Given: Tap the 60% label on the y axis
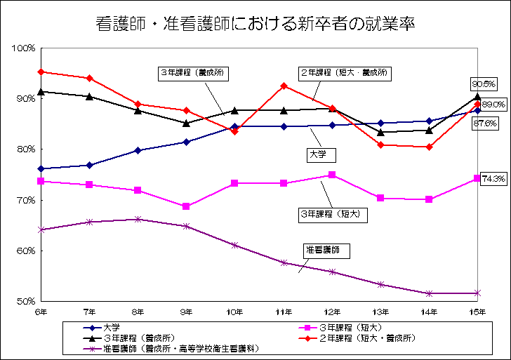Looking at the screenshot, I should click(26, 251).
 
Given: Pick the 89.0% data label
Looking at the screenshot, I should click(494, 104).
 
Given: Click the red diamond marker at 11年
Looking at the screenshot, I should click(284, 86).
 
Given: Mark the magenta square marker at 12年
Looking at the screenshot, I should click(332, 175).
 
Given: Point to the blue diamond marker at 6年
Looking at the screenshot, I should click(41, 168).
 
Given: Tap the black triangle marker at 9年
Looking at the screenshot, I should click(186, 123).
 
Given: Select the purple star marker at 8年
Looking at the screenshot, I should click(138, 219).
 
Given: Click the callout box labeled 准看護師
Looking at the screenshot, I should click(325, 249).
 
